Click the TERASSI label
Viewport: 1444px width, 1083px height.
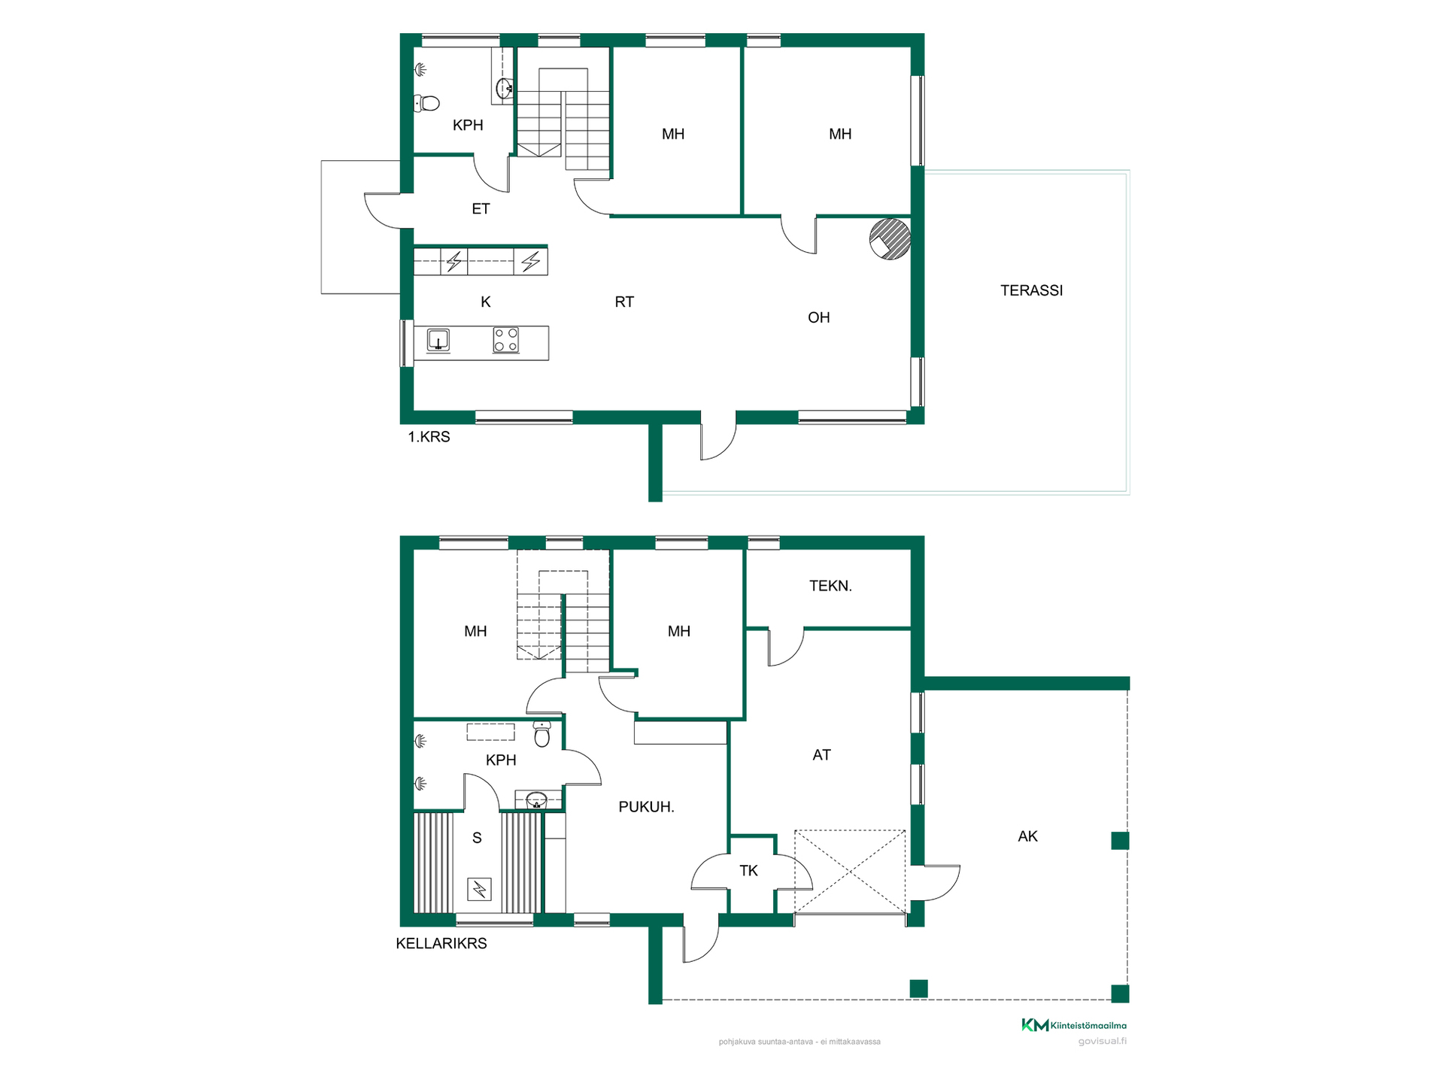coord(1031,290)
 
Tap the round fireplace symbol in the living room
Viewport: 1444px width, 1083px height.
coord(890,239)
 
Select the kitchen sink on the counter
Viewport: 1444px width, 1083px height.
coord(438,341)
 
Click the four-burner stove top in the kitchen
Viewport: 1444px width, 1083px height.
coord(505,340)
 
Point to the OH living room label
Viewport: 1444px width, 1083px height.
coord(818,317)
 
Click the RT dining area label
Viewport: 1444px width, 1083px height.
coord(624,302)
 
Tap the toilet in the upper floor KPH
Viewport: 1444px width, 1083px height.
coord(426,103)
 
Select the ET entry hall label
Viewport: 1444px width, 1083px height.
coord(481,208)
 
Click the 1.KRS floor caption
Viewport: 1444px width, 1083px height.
coord(429,436)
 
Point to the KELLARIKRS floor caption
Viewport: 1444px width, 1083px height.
coord(441,943)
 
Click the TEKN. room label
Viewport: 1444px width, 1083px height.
coord(830,585)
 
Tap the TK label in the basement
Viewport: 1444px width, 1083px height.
coord(748,870)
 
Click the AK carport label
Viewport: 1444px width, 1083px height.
coord(1027,836)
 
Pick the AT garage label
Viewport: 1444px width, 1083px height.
coord(821,754)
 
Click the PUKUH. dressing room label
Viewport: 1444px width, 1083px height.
coord(646,807)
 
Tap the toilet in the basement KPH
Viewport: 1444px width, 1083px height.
coord(542,733)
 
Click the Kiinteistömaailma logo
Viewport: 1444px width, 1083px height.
coord(1074,1025)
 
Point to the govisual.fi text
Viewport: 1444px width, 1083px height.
coord(1103,1042)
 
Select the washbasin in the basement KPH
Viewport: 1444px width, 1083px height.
coord(536,799)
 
